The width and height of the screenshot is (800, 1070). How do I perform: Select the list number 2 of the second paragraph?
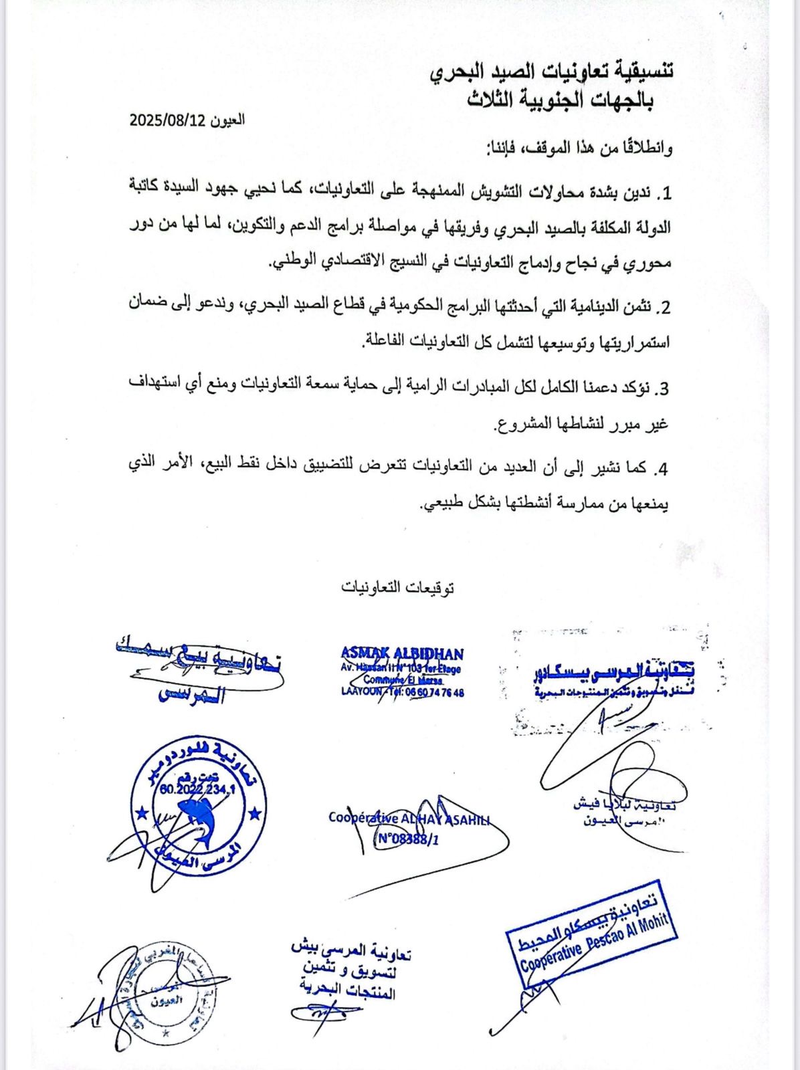pyautogui.click(x=664, y=308)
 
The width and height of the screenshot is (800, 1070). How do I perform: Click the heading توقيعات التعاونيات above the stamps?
pyautogui.click(x=398, y=587)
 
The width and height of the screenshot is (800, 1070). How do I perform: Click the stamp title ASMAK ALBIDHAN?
pyautogui.click(x=401, y=653)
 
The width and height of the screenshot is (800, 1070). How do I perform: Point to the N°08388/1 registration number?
pyautogui.click(x=407, y=839)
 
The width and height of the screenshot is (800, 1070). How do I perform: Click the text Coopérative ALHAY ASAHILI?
pyautogui.click(x=409, y=818)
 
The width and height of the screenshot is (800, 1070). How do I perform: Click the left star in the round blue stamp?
pyautogui.click(x=141, y=814)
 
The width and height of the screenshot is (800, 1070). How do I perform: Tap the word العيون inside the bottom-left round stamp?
pyautogui.click(x=164, y=1001)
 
